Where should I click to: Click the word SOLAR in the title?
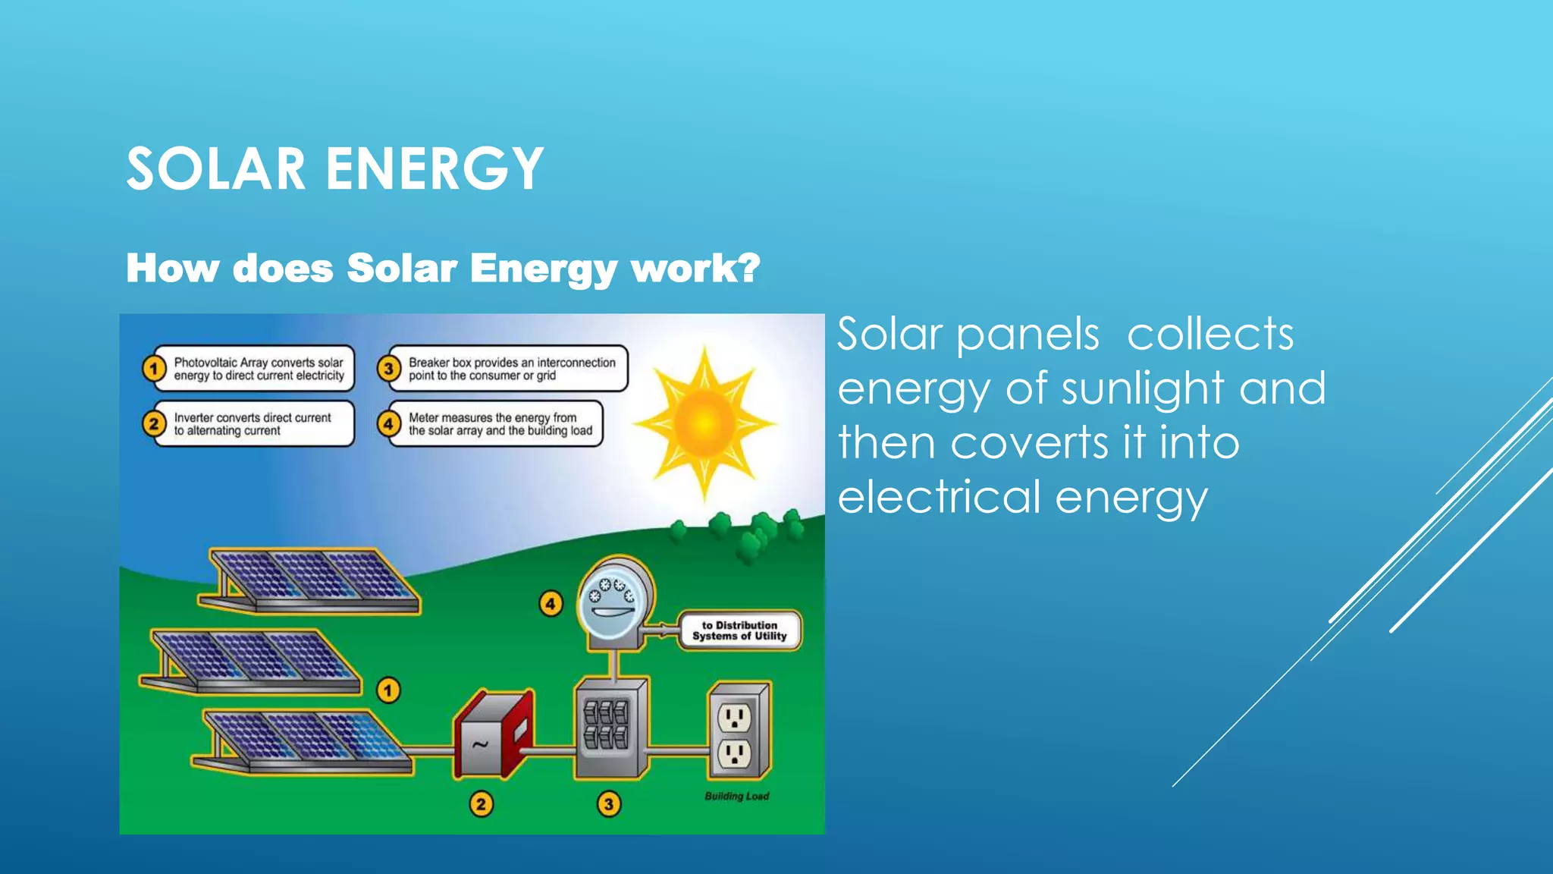click(x=215, y=168)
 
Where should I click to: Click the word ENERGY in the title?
click(x=435, y=168)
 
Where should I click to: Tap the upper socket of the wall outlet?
click(x=734, y=717)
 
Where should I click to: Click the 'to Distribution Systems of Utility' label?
click(x=739, y=630)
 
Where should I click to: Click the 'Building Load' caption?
click(x=736, y=796)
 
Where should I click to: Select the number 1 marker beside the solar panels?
click(x=388, y=690)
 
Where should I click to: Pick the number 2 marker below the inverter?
click(x=481, y=804)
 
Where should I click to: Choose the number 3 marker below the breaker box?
click(x=608, y=804)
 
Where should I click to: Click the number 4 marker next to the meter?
click(x=551, y=604)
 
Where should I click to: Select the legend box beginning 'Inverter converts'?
click(x=253, y=423)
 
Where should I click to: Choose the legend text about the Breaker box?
click(x=511, y=369)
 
